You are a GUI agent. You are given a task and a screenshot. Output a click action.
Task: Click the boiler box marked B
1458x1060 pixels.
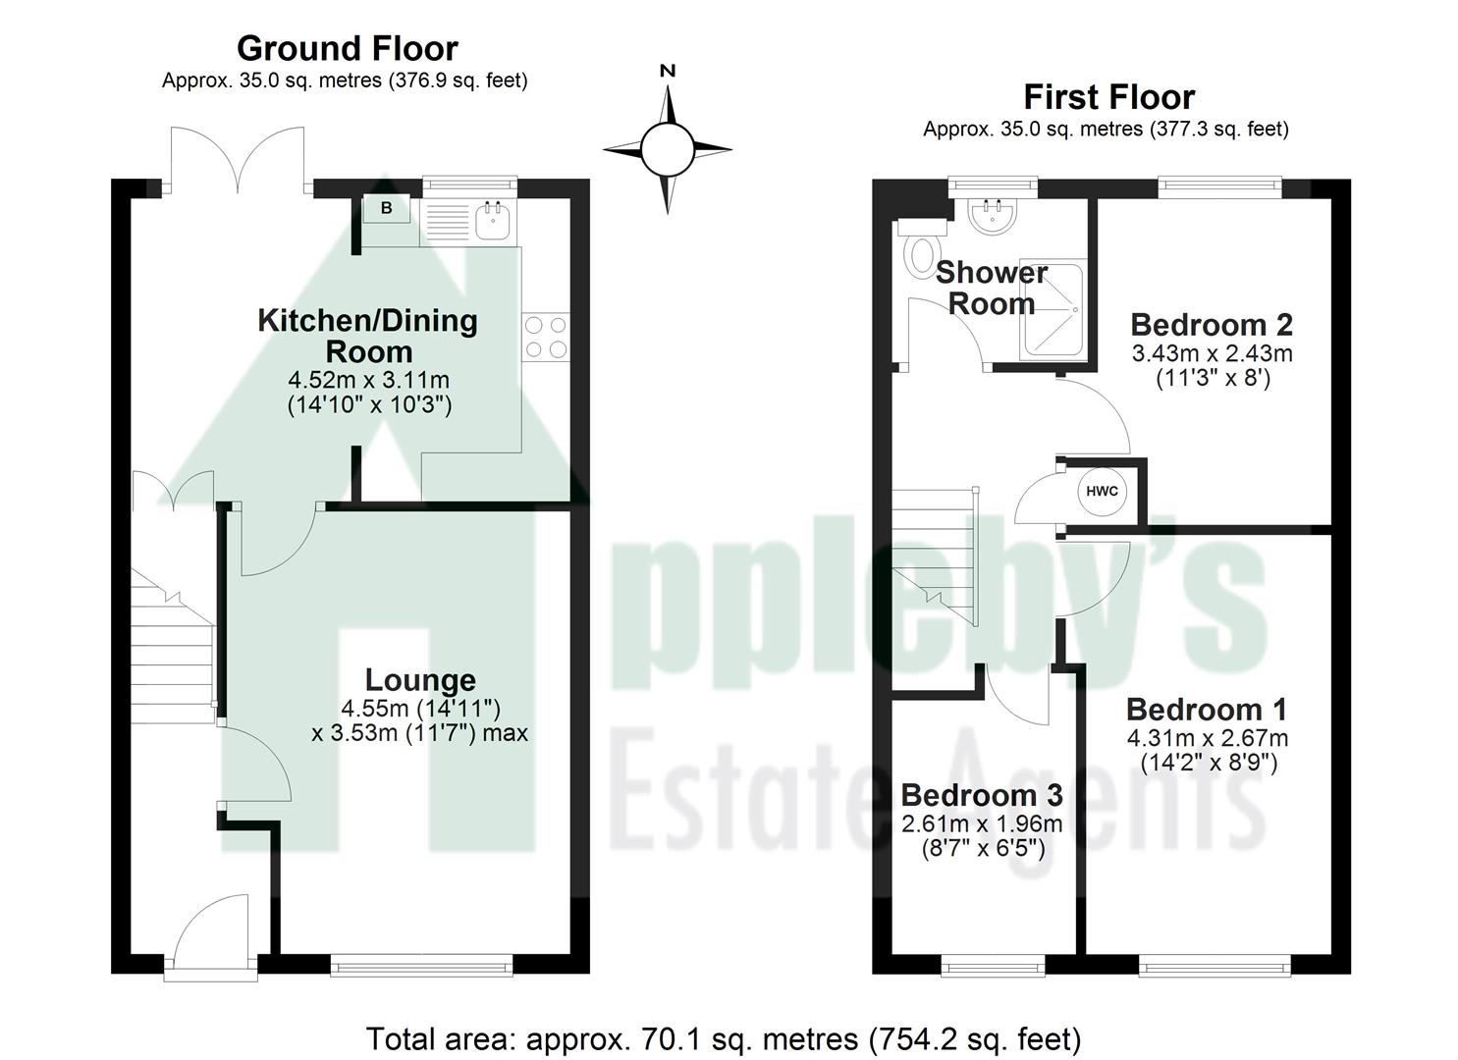(387, 208)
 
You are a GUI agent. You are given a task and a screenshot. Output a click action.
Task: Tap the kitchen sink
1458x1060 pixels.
(491, 221)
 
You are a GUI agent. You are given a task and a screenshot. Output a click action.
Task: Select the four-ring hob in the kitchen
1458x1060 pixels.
(546, 336)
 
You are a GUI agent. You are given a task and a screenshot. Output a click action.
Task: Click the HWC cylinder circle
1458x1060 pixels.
(1102, 492)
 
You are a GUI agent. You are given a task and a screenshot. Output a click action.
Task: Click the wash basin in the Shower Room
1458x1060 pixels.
(993, 216)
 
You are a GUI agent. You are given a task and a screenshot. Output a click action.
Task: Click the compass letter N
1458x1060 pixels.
(668, 71)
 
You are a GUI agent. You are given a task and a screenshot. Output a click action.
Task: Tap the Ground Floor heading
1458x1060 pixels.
(347, 48)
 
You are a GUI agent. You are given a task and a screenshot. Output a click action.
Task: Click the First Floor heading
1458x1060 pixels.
(1108, 97)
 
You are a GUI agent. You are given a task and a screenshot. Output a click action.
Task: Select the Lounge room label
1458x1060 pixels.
(420, 680)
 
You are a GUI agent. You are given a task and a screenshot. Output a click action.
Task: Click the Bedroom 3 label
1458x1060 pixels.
(982, 795)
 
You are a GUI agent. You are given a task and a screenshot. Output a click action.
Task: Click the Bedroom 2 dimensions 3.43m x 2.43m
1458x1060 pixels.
(1213, 353)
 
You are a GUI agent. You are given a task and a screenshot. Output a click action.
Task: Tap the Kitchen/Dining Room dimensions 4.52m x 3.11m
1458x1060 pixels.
(368, 380)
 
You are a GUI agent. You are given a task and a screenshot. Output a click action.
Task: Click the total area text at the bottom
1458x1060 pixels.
(724, 1038)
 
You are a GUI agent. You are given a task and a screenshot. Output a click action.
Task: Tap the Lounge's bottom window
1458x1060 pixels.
(422, 966)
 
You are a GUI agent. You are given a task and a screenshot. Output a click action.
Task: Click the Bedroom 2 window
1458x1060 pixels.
(1220, 184)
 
